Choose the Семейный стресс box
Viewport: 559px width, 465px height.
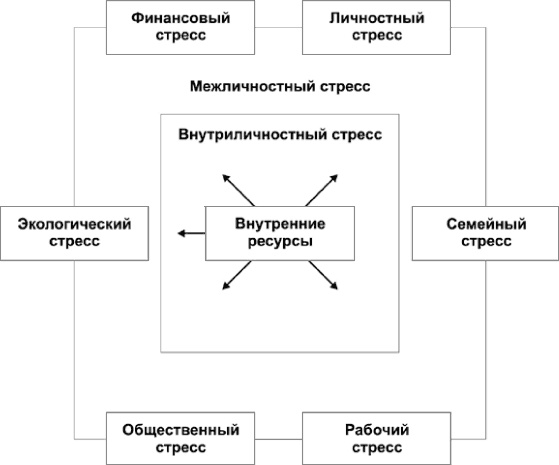485,234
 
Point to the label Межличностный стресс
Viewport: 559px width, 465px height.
280,87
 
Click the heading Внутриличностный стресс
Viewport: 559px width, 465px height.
280,134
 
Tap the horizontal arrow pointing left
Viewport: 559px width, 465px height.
190,234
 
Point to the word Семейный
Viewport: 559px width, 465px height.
485,225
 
